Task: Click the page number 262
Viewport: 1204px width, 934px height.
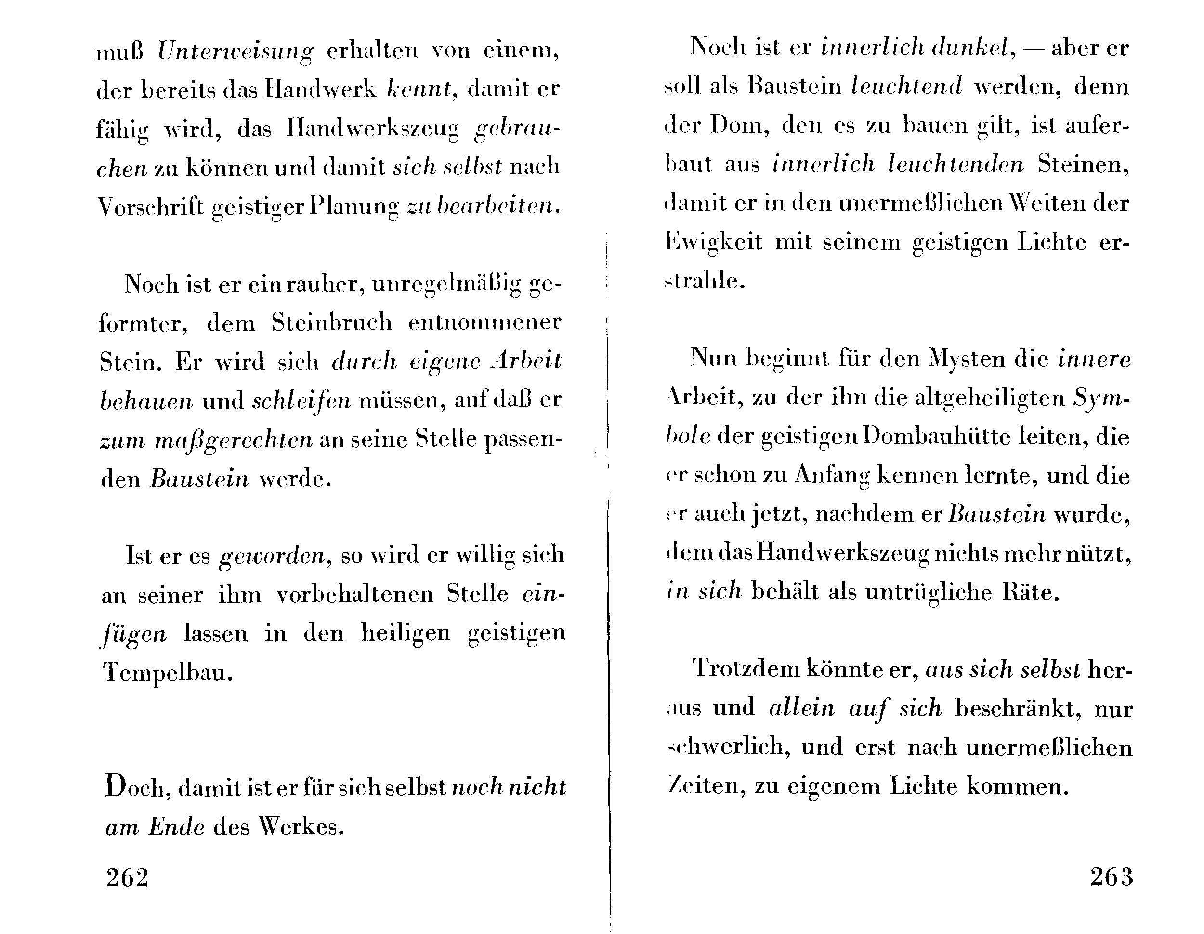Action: [x=127, y=877]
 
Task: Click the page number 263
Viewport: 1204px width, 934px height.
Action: [x=1111, y=876]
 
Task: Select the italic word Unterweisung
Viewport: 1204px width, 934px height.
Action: [x=236, y=52]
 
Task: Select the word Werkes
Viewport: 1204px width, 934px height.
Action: [x=301, y=827]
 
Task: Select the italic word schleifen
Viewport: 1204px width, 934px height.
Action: [x=301, y=401]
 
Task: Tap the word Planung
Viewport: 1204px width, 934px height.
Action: [x=354, y=207]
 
